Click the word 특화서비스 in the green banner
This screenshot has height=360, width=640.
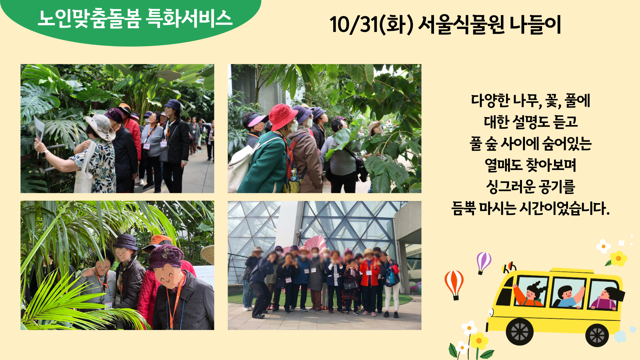coord(189,18)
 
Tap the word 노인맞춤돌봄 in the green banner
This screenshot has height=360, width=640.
coord(90,18)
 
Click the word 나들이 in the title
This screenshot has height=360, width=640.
coord(535,25)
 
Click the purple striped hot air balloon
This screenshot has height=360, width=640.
coord(483,262)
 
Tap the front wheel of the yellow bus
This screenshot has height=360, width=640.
coord(519,331)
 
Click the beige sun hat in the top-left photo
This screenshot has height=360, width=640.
coord(101,127)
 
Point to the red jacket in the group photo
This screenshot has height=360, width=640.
coord(369,273)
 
